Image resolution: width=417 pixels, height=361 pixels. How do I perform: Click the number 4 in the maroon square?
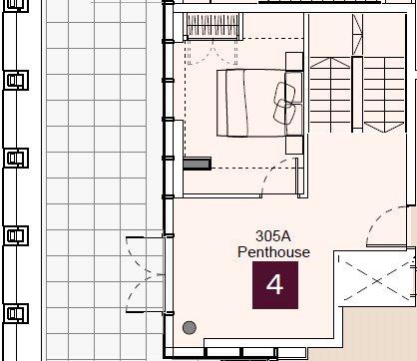click(x=274, y=285)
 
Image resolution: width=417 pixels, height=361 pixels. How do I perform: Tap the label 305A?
click(x=273, y=236)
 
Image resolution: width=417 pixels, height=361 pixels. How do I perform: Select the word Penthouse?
click(x=273, y=252)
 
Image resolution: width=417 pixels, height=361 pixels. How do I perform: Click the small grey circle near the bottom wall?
click(x=190, y=328)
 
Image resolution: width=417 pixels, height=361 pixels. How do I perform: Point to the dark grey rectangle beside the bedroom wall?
click(x=198, y=164)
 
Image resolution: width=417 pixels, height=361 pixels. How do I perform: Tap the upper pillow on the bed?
click(x=284, y=93)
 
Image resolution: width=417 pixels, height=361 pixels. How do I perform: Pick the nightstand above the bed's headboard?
click(x=294, y=61)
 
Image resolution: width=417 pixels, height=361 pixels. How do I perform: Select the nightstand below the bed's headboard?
click(x=294, y=145)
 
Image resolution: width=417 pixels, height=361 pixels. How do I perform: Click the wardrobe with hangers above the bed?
click(x=212, y=27)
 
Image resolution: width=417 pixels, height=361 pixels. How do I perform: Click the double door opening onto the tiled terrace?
click(x=146, y=275)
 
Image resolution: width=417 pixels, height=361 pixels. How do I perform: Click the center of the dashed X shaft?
click(x=377, y=281)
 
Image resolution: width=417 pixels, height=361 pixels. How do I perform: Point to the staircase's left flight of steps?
click(x=330, y=95)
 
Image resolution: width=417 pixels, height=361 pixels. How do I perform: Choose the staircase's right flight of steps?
click(x=384, y=95)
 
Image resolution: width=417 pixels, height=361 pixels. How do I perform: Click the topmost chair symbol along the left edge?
click(x=16, y=5)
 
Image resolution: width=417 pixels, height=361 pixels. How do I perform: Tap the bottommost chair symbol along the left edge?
click(x=16, y=313)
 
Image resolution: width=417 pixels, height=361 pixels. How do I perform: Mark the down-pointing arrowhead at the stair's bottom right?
click(x=384, y=127)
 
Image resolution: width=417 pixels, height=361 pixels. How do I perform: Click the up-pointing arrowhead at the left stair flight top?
click(x=330, y=63)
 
